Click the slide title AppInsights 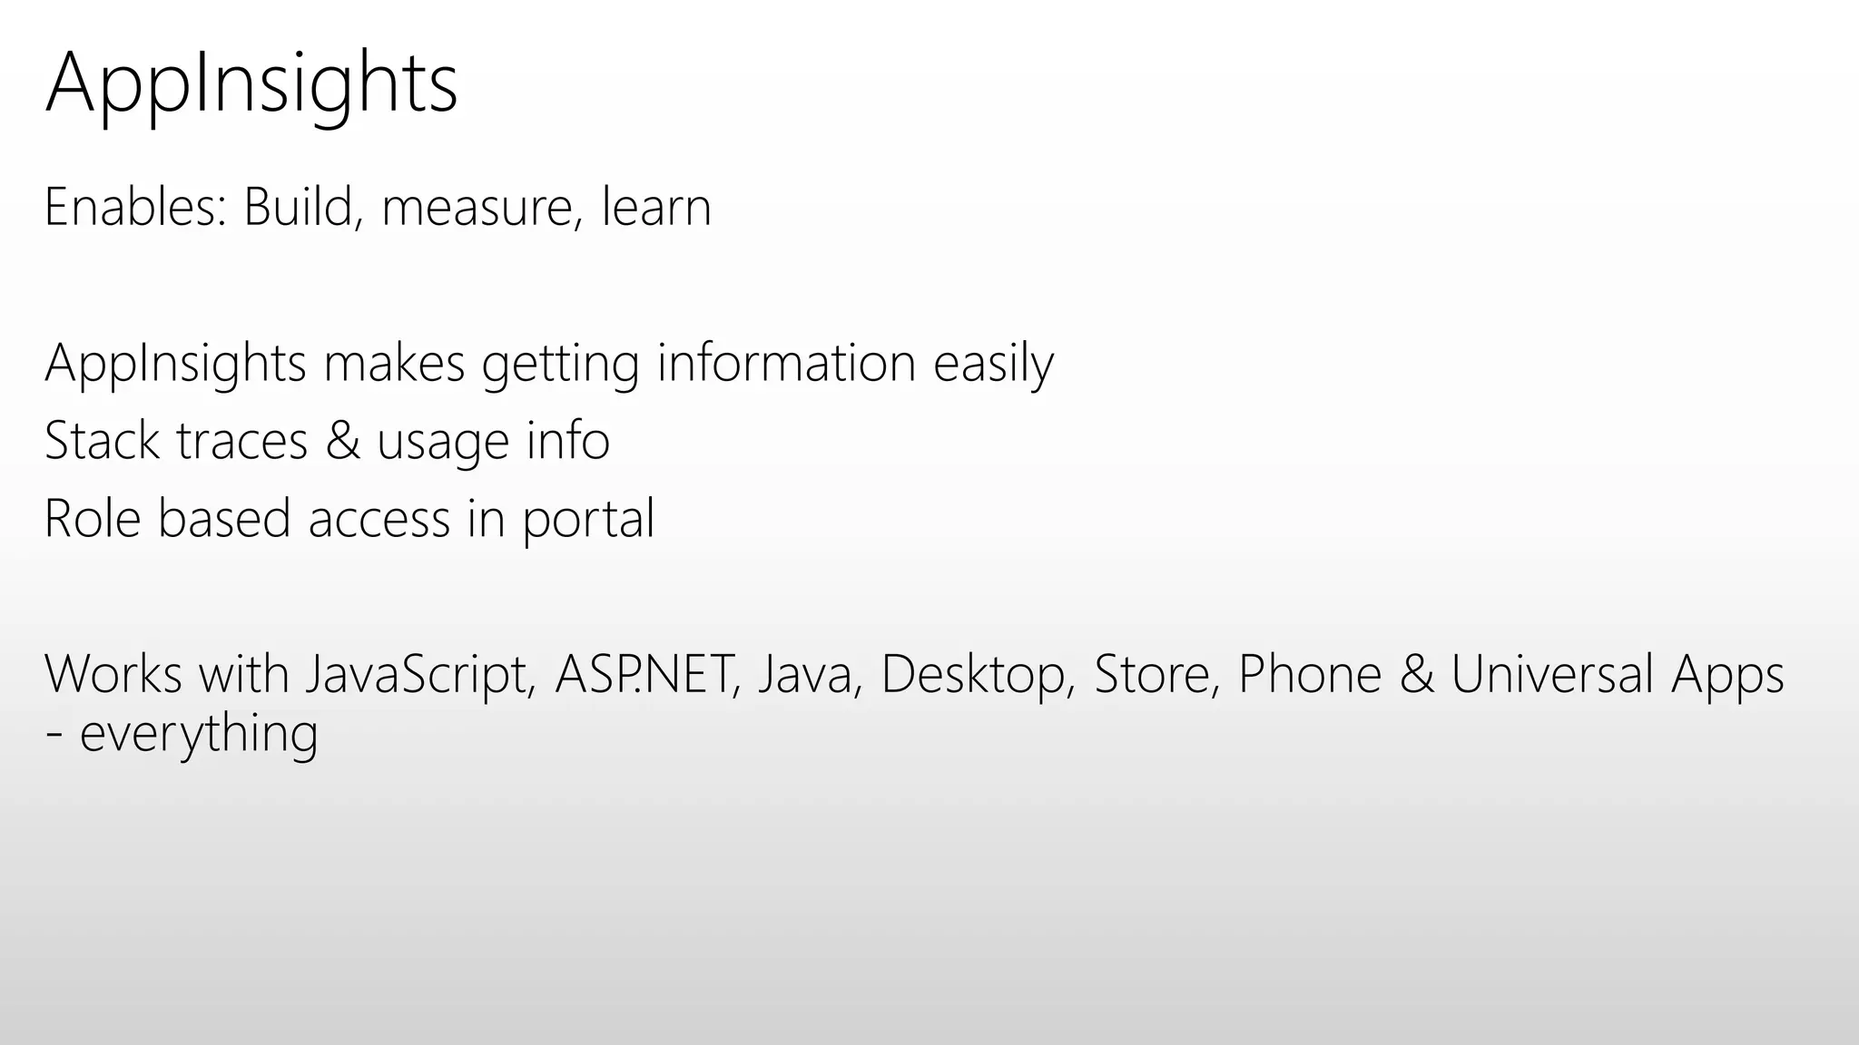(251, 84)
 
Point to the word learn (656, 208)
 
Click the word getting (560, 365)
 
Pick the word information (786, 363)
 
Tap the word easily (993, 365)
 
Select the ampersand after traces (342, 442)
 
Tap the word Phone (1309, 674)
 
